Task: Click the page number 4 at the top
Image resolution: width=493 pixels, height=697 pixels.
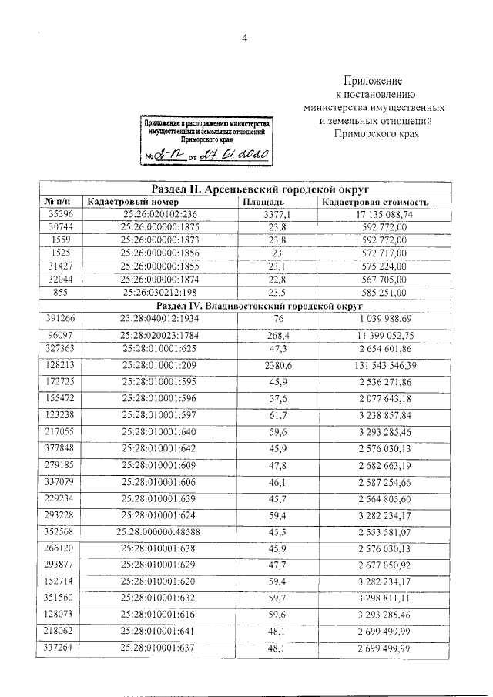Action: pyautogui.click(x=246, y=41)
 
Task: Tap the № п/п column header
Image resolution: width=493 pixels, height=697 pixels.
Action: pyautogui.click(x=61, y=202)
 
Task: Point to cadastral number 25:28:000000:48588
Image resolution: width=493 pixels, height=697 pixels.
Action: pyautogui.click(x=159, y=531)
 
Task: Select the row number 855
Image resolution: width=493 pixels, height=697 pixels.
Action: pyautogui.click(x=61, y=293)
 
